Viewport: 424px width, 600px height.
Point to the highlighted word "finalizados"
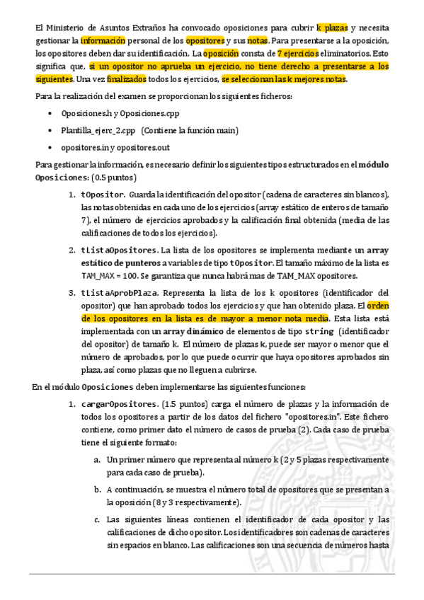[127, 79]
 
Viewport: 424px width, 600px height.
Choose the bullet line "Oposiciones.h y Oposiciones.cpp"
[121, 113]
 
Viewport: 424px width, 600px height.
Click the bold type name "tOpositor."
[103, 195]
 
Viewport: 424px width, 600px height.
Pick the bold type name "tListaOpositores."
[120, 250]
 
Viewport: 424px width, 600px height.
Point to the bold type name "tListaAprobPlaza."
[120, 292]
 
